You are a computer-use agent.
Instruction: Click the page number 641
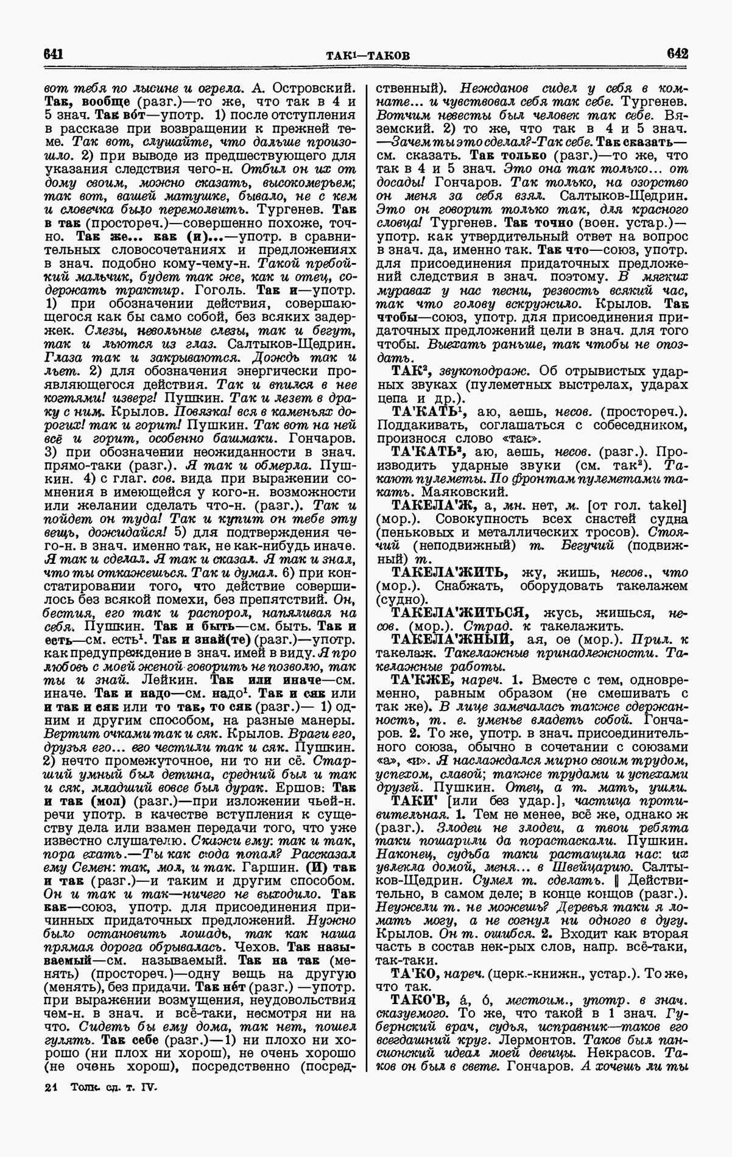click(54, 54)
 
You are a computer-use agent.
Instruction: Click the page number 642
click(677, 53)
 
